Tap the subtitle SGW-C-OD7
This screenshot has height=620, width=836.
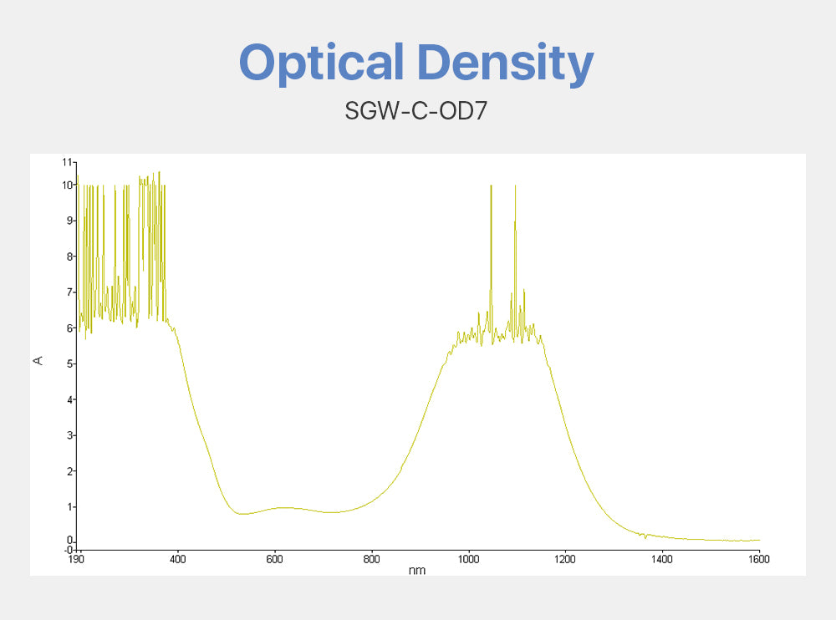[415, 110]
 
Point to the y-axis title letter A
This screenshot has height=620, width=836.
[38, 360]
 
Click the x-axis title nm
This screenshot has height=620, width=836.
[416, 570]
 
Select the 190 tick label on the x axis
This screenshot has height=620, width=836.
[76, 558]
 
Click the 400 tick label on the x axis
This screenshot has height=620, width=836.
[177, 558]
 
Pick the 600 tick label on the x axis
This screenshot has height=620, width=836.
[274, 558]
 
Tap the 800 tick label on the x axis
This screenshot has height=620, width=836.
[371, 558]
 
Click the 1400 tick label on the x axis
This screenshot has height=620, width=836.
[662, 558]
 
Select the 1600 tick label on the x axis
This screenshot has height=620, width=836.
[759, 558]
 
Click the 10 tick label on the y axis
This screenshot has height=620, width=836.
[67, 185]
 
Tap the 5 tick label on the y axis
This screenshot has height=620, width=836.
[69, 363]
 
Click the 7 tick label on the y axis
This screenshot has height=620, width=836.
[69, 292]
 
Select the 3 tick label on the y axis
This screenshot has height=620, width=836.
[69, 435]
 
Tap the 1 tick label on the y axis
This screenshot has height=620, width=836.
[69, 507]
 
